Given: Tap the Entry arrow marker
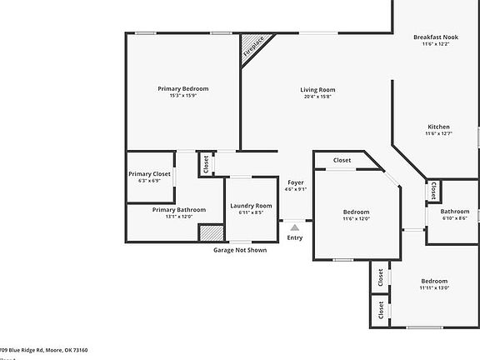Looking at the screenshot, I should (x=295, y=226).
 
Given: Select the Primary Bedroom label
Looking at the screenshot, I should (x=183, y=88).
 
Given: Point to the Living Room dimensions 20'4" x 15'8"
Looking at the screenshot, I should (x=317, y=97).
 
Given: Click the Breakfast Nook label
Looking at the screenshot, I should (x=437, y=37).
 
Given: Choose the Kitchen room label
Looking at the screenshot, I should (x=438, y=127).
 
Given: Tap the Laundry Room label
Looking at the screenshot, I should (x=251, y=205).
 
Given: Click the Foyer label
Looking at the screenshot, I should (x=296, y=182).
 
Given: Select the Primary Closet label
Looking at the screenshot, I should (x=150, y=173).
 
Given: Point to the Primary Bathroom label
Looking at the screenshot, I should (x=179, y=209).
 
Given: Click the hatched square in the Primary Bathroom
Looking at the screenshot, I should (x=212, y=232).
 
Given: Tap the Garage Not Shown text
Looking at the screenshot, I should (x=240, y=250).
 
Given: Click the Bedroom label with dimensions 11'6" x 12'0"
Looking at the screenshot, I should (x=356, y=212).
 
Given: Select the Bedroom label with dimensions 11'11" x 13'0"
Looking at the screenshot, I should (x=434, y=281).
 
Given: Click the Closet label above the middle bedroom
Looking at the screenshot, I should (x=342, y=160).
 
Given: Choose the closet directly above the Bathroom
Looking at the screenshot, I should (x=435, y=191).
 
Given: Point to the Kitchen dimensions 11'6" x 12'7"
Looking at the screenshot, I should (x=438, y=133).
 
